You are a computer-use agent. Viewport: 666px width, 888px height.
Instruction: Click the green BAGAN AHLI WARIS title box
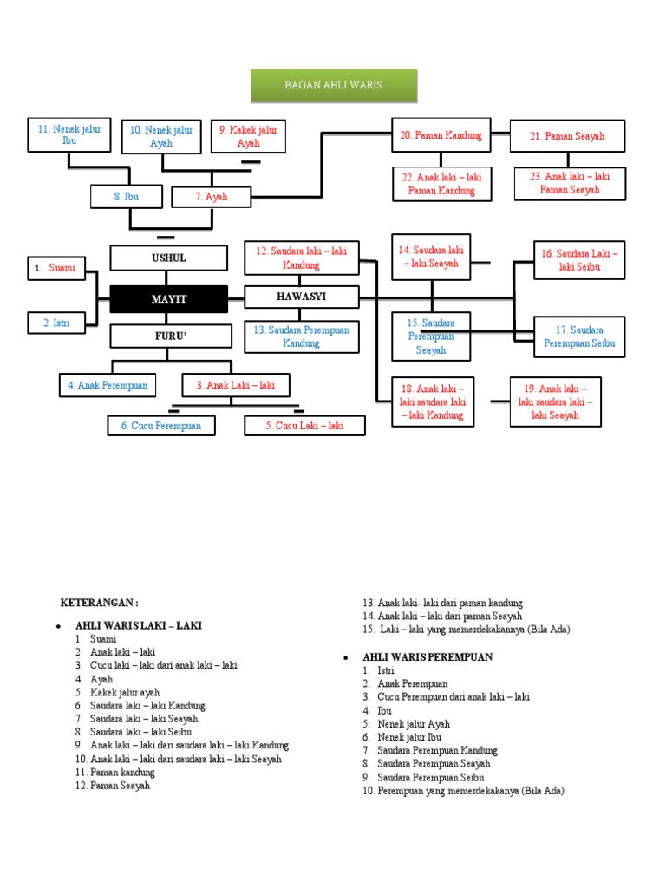pos(334,86)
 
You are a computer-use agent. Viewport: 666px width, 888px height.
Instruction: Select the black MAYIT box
pos(169,299)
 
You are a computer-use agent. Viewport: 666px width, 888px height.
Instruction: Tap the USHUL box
pos(169,258)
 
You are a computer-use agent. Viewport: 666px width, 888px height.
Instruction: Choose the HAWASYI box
pos(302,297)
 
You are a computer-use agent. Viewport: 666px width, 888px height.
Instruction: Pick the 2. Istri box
pos(57,323)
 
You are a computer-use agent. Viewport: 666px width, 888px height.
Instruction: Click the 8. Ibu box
pos(127,197)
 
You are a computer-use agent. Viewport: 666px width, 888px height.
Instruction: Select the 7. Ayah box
pos(212,197)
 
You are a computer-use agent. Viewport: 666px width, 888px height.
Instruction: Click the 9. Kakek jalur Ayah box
pos(249,136)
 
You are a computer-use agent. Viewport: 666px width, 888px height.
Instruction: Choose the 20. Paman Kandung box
pos(441,136)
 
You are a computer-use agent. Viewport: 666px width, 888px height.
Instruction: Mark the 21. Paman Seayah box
pos(568,136)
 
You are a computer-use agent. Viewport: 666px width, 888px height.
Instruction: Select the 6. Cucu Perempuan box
pos(161,426)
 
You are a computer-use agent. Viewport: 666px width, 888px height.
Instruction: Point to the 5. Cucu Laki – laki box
pos(304,426)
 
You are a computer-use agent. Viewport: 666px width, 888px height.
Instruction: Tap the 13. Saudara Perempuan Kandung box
pos(302,336)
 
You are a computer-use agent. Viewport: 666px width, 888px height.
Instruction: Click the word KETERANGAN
pos(99,603)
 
